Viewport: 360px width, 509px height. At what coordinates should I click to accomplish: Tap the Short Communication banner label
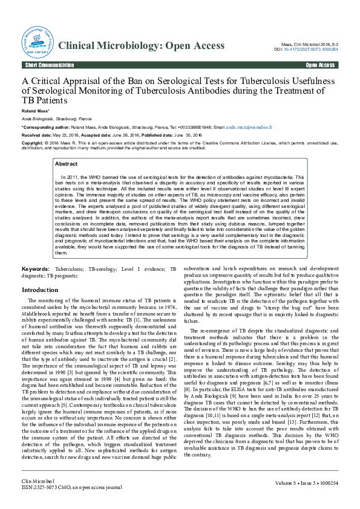45,65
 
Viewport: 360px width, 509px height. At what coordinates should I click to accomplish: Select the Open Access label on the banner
320,65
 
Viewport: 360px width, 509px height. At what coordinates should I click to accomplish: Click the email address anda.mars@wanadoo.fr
249,128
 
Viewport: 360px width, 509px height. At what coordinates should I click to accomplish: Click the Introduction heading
40,290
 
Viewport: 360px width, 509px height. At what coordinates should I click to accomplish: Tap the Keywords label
36,268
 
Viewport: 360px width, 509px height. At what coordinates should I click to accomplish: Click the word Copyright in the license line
33,143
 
